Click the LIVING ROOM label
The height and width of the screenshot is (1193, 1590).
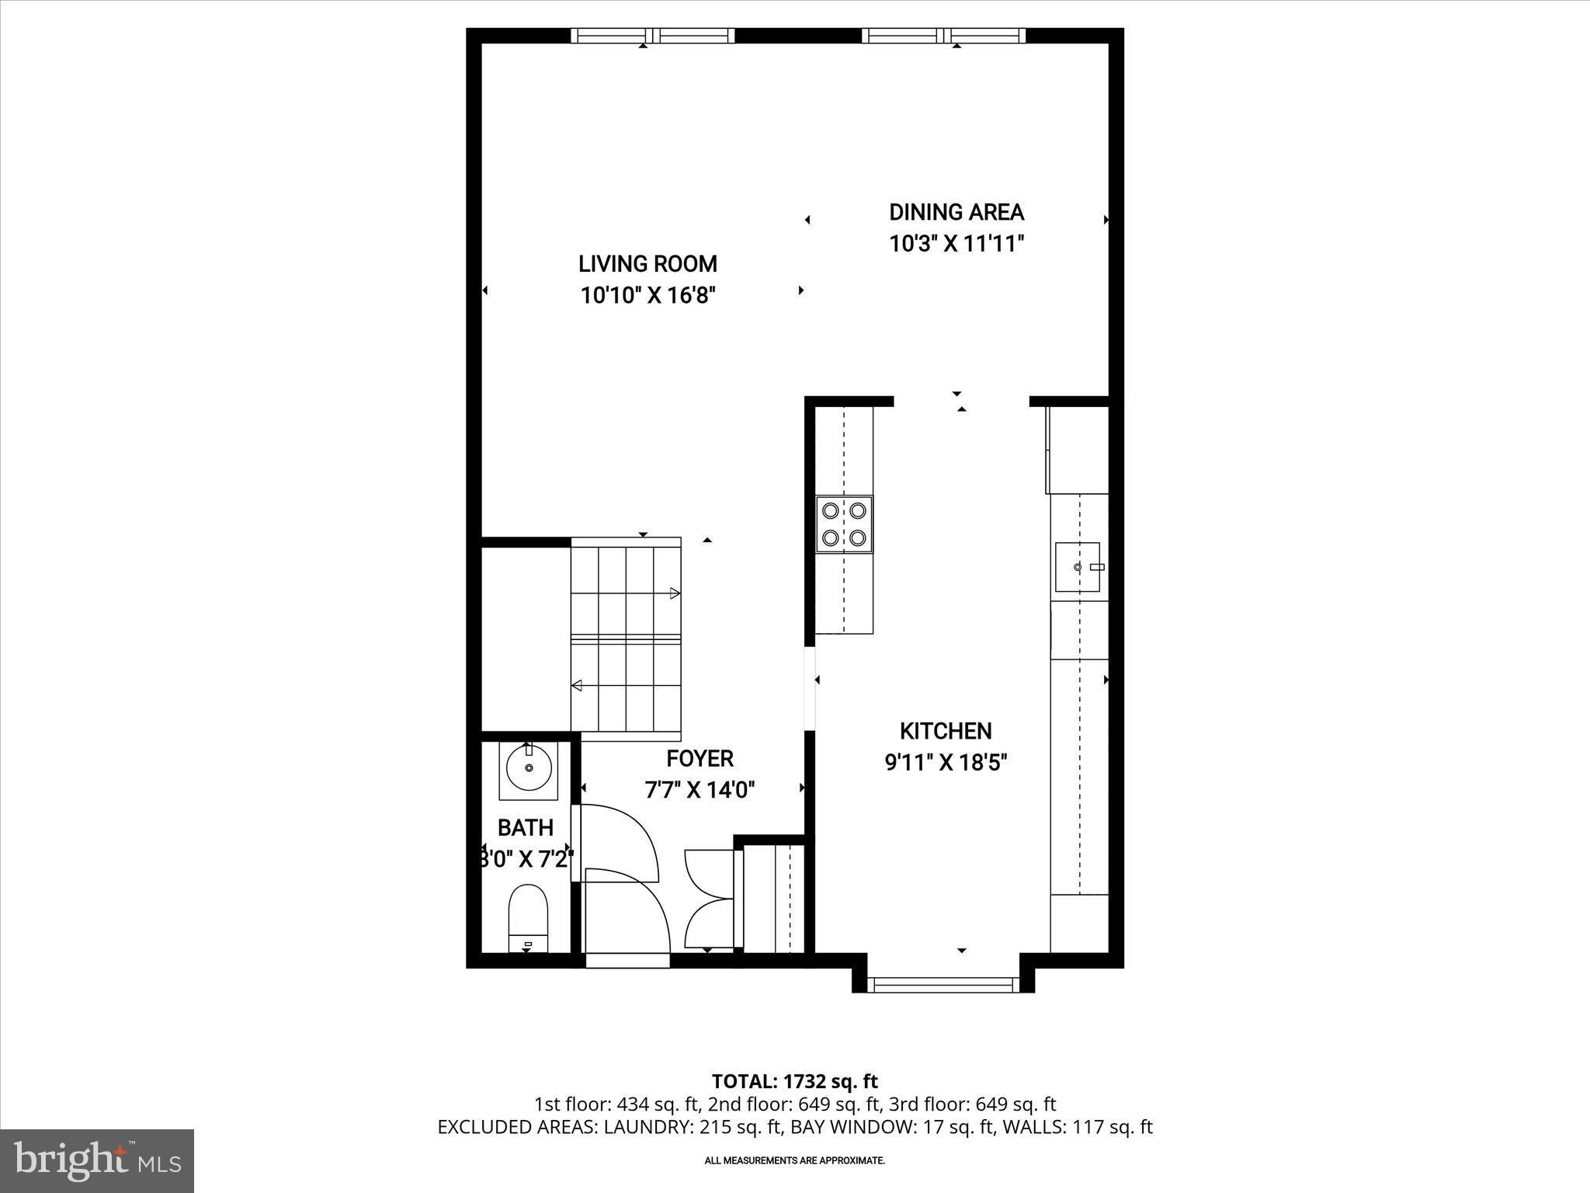click(647, 264)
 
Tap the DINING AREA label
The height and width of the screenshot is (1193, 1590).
click(956, 212)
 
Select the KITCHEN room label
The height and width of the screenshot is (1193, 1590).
click(946, 731)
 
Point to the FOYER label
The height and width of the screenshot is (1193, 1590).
click(700, 758)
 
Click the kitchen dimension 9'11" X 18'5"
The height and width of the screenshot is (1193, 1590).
click(946, 763)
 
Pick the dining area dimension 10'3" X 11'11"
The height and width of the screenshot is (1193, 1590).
click(956, 244)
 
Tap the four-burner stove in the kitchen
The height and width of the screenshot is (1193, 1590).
click(844, 523)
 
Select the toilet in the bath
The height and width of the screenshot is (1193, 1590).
click(528, 916)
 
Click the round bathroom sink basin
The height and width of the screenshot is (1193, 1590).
click(529, 767)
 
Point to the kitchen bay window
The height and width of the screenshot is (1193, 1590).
click(943, 985)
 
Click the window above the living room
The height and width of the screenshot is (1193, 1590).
click(652, 36)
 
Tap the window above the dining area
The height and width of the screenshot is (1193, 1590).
click(943, 36)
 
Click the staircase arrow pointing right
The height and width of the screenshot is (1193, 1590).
click(674, 593)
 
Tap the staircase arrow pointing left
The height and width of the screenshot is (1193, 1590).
click(578, 685)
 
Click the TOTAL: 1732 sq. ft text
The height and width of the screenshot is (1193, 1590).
click(794, 1081)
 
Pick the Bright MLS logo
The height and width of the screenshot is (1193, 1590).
click(97, 1160)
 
